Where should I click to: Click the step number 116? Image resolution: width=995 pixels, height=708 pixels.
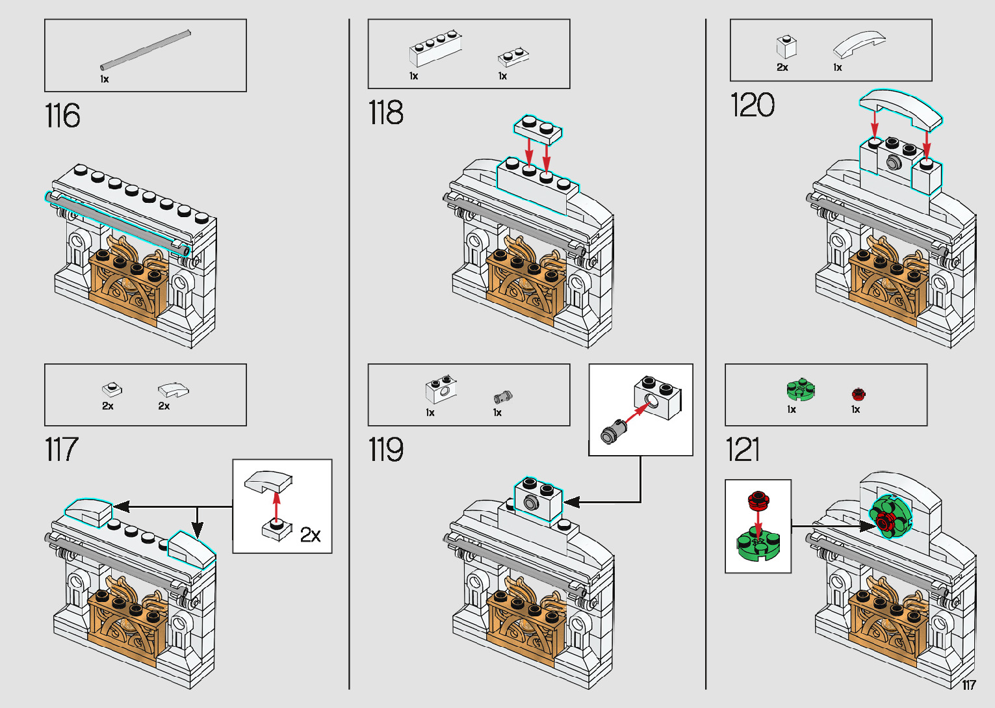[62, 116]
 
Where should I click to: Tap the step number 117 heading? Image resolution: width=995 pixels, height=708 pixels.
[61, 450]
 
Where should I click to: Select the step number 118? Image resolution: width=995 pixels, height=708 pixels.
[385, 112]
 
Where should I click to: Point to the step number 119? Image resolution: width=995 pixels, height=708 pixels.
[385, 450]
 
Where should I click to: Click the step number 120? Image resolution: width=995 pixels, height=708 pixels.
[752, 105]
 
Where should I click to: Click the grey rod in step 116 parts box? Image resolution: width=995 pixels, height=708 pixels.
[145, 49]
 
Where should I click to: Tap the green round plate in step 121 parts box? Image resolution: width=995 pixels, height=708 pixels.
[800, 390]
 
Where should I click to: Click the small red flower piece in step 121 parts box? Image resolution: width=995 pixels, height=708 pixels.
[858, 394]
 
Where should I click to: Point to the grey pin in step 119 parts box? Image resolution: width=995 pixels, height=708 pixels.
[502, 396]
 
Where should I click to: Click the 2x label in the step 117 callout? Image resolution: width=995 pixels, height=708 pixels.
[310, 535]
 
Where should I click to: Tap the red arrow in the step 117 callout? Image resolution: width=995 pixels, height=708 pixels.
[277, 506]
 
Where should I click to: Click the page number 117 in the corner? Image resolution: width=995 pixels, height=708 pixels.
[968, 685]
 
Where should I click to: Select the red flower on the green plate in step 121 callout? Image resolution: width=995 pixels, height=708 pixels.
[757, 500]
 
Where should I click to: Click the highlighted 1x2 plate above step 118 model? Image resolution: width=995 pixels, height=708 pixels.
[537, 128]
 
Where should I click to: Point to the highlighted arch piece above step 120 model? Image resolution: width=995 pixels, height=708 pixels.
[900, 107]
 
